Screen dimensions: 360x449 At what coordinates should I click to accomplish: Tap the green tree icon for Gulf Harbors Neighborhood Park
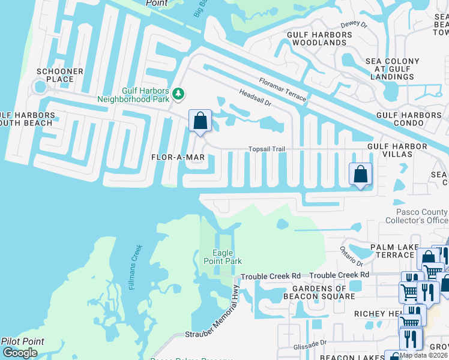[178, 94]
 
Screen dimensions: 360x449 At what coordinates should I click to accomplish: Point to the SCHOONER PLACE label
[60, 76]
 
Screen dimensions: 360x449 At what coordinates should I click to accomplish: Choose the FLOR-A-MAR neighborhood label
[178, 157]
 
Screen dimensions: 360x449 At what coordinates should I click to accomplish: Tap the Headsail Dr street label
[256, 99]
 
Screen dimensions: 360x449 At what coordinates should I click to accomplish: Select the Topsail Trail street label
[267, 149]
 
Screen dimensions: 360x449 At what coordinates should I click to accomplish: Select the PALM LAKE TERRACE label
[392, 251]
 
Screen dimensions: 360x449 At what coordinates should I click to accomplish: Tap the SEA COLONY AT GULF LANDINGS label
[393, 69]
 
